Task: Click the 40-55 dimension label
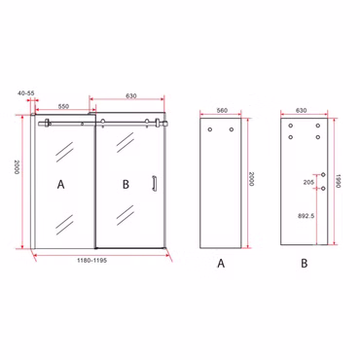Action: coord(26,93)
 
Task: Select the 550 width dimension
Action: coord(63,106)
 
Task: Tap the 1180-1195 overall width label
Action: coord(91,260)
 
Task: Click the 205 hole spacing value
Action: coord(308,183)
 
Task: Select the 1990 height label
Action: coord(338,180)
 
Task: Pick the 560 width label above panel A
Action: coord(222,110)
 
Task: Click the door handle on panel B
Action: coord(155,184)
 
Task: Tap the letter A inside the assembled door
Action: coord(60,185)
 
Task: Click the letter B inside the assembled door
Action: coord(126,185)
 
